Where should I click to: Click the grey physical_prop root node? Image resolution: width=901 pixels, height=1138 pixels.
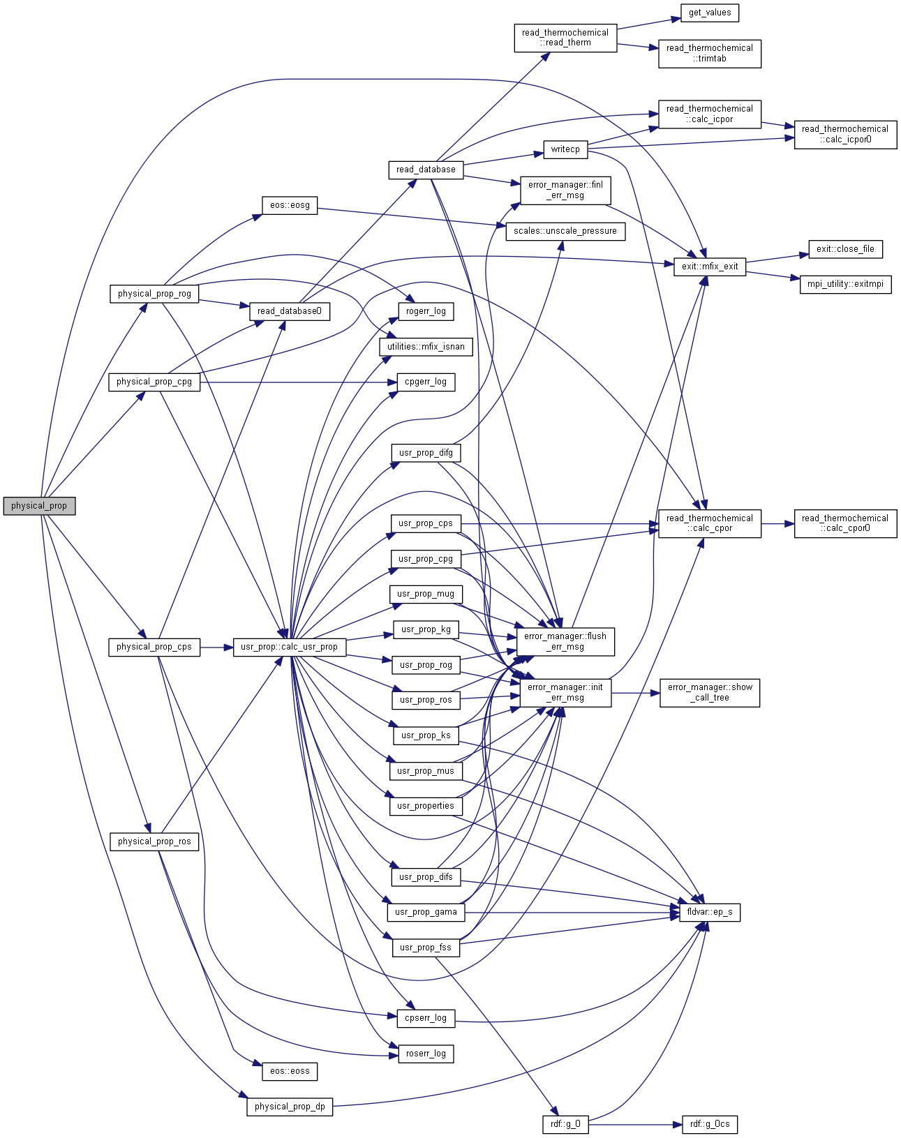pyautogui.click(x=39, y=506)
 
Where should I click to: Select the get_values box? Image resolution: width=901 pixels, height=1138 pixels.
pyautogui.click(x=709, y=13)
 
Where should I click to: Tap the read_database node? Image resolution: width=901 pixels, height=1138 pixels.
pyautogui.click(x=425, y=170)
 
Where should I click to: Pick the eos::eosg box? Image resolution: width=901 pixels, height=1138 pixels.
pyautogui.click(x=290, y=205)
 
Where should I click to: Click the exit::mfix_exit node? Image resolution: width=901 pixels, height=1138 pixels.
pyautogui.click(x=710, y=266)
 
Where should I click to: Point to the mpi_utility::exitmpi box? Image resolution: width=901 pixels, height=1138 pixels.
pyautogui.click(x=845, y=284)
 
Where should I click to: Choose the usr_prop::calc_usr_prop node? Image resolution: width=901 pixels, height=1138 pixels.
pyautogui.click(x=289, y=647)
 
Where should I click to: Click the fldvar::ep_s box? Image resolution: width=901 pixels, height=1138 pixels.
pyautogui.click(x=709, y=912)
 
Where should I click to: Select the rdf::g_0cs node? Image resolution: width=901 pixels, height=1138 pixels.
pyautogui.click(x=709, y=1124)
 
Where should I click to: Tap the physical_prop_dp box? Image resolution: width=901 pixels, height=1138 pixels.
pyautogui.click(x=290, y=1107)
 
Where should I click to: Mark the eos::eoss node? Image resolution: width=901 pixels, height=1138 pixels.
pyautogui.click(x=290, y=1071)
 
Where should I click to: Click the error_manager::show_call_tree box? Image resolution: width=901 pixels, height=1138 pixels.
pyautogui.click(x=709, y=692)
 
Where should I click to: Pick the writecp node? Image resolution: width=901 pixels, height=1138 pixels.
pyautogui.click(x=565, y=149)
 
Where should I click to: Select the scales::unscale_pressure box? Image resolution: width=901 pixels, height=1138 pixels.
pyautogui.click(x=565, y=231)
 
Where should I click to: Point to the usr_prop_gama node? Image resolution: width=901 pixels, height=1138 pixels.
pyautogui.click(x=425, y=912)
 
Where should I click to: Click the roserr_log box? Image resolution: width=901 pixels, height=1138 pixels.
pyautogui.click(x=425, y=1054)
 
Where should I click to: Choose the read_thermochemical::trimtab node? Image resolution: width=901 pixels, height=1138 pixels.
pyautogui.click(x=709, y=53)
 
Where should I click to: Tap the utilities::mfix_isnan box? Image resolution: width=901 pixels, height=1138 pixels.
pyautogui.click(x=425, y=347)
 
